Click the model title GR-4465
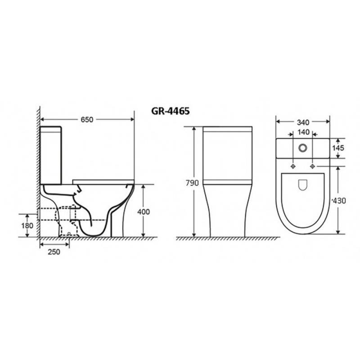(x=171, y=111)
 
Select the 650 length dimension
(x=87, y=119)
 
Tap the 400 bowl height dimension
(x=144, y=211)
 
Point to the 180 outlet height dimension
(x=27, y=226)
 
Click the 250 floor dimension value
(x=54, y=252)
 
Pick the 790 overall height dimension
(x=193, y=183)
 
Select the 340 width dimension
(x=303, y=122)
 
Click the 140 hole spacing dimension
(x=303, y=132)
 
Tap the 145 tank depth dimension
(x=338, y=148)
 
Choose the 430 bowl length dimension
(x=339, y=201)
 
